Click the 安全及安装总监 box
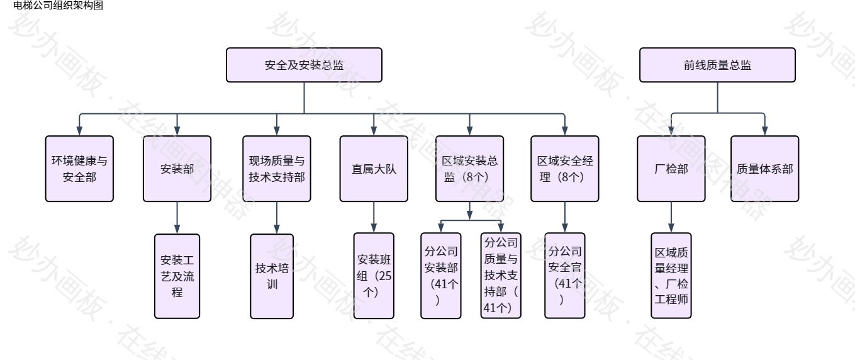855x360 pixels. point(305,65)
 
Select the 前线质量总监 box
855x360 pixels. point(717,65)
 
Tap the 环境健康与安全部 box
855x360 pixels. point(79,169)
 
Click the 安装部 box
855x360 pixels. point(177,169)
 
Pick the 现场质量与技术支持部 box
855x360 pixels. point(276,169)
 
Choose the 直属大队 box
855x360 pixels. point(374,169)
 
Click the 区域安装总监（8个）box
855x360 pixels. point(470,169)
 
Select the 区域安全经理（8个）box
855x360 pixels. point(565,169)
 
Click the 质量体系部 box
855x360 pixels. point(764,169)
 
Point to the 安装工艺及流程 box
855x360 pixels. point(177,276)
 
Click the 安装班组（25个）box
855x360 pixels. point(374,276)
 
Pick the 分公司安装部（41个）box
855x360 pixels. point(440,276)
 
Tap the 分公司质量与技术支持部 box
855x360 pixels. point(501,276)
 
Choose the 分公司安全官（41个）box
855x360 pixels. point(565,276)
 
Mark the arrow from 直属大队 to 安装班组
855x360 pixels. point(374,217)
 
